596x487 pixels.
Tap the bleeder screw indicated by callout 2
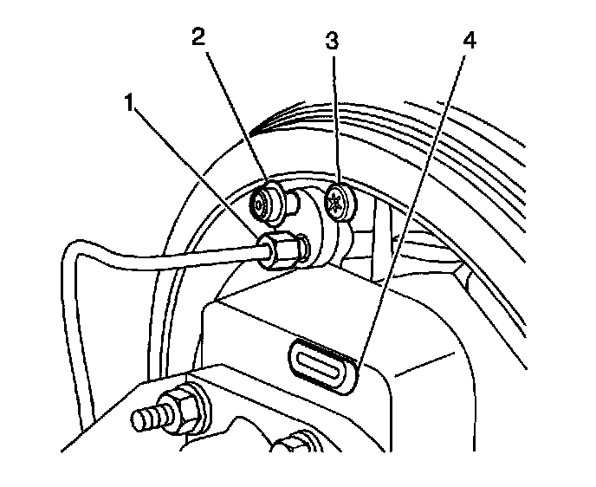pyautogui.click(x=262, y=205)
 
